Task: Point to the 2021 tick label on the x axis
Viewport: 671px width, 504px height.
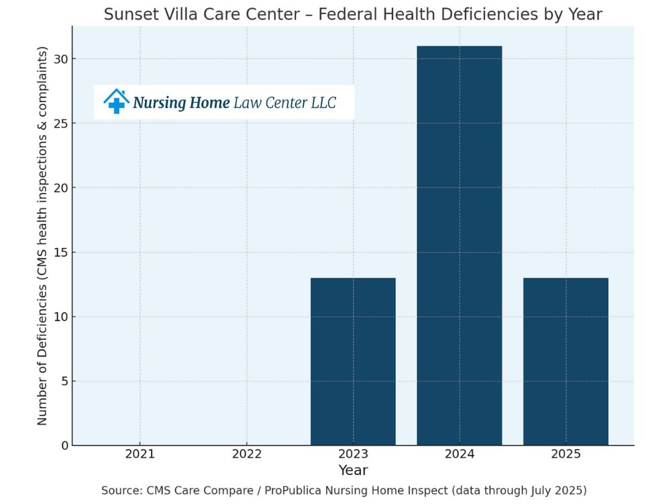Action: (x=140, y=454)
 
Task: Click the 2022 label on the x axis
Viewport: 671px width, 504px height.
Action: (x=246, y=454)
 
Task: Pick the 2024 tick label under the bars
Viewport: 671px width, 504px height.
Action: (x=460, y=454)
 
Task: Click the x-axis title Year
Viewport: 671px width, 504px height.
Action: (x=353, y=470)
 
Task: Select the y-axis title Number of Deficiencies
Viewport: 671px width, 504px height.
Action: (x=42, y=235)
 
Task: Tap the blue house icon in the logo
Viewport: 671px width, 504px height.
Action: (x=116, y=101)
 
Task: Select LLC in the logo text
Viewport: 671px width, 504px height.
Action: (x=323, y=103)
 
